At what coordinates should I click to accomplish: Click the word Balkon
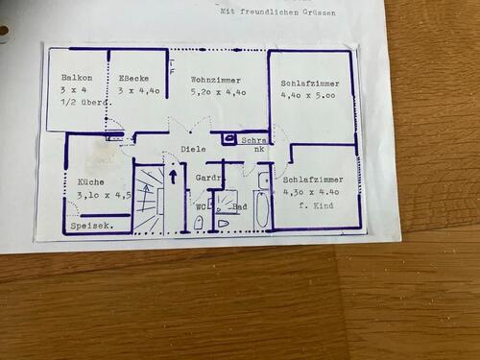coord(76,78)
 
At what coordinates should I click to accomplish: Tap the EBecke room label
coord(133,78)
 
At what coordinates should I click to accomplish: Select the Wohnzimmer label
coord(216,80)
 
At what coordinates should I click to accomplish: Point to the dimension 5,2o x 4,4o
coord(219,91)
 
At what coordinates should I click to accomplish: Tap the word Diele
coord(194,149)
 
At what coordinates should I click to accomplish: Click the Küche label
coord(91,181)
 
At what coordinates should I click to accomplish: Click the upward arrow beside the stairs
coord(173,175)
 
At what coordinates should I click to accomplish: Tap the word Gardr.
coord(208,179)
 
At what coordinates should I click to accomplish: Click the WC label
coord(202,206)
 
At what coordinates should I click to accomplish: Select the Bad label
coord(240,206)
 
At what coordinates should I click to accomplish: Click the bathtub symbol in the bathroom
coord(262,208)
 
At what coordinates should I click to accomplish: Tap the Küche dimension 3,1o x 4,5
coord(104,195)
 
